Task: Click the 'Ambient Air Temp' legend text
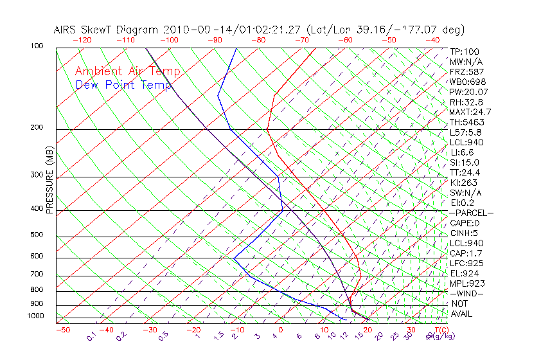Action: pos(127,72)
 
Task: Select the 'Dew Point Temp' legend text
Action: pos(123,84)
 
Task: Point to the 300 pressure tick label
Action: pos(37,175)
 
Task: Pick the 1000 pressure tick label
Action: pos(35,316)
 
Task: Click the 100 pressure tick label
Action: pos(37,46)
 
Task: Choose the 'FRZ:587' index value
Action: pos(467,72)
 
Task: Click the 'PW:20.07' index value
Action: pos(469,92)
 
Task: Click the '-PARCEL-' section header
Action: pos(471,213)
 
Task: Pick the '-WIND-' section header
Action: pos(466,293)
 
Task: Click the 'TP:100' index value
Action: pos(465,52)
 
